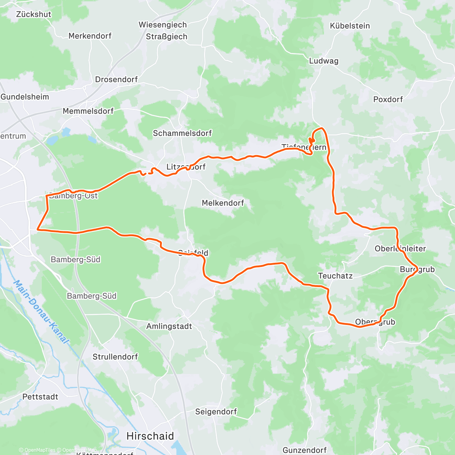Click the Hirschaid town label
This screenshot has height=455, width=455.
(150, 436)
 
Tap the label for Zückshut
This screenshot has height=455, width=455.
(33, 14)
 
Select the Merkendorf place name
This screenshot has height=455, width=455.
(90, 36)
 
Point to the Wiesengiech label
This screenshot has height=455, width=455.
(163, 25)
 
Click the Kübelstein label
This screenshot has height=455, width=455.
(350, 26)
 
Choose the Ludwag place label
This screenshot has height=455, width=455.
(323, 61)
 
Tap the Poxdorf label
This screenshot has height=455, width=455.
(388, 99)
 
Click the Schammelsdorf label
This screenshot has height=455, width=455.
(182, 133)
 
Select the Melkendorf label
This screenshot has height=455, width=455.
(223, 203)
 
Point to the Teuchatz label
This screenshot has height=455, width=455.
(335, 276)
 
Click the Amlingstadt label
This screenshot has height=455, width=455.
(169, 326)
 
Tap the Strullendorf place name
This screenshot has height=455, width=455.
(115, 357)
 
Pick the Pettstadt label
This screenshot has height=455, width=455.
(40, 397)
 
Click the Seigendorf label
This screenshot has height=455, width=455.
(216, 412)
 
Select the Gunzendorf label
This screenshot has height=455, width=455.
(304, 450)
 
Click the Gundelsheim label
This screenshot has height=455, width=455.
(25, 97)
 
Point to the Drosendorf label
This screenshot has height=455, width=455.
(116, 80)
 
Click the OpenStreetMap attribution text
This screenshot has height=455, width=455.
(79, 450)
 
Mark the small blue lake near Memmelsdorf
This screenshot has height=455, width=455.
(66, 132)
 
